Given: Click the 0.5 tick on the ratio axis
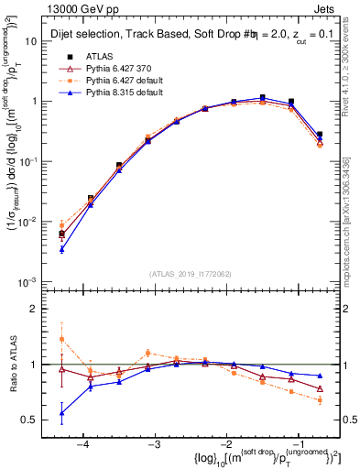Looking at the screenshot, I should click(37, 420).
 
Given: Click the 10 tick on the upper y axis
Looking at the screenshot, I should click(38, 41).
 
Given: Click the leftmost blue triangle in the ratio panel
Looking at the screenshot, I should click(61, 413).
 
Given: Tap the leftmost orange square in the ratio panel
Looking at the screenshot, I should click(61, 339).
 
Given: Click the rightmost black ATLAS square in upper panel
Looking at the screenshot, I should click(320, 135).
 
